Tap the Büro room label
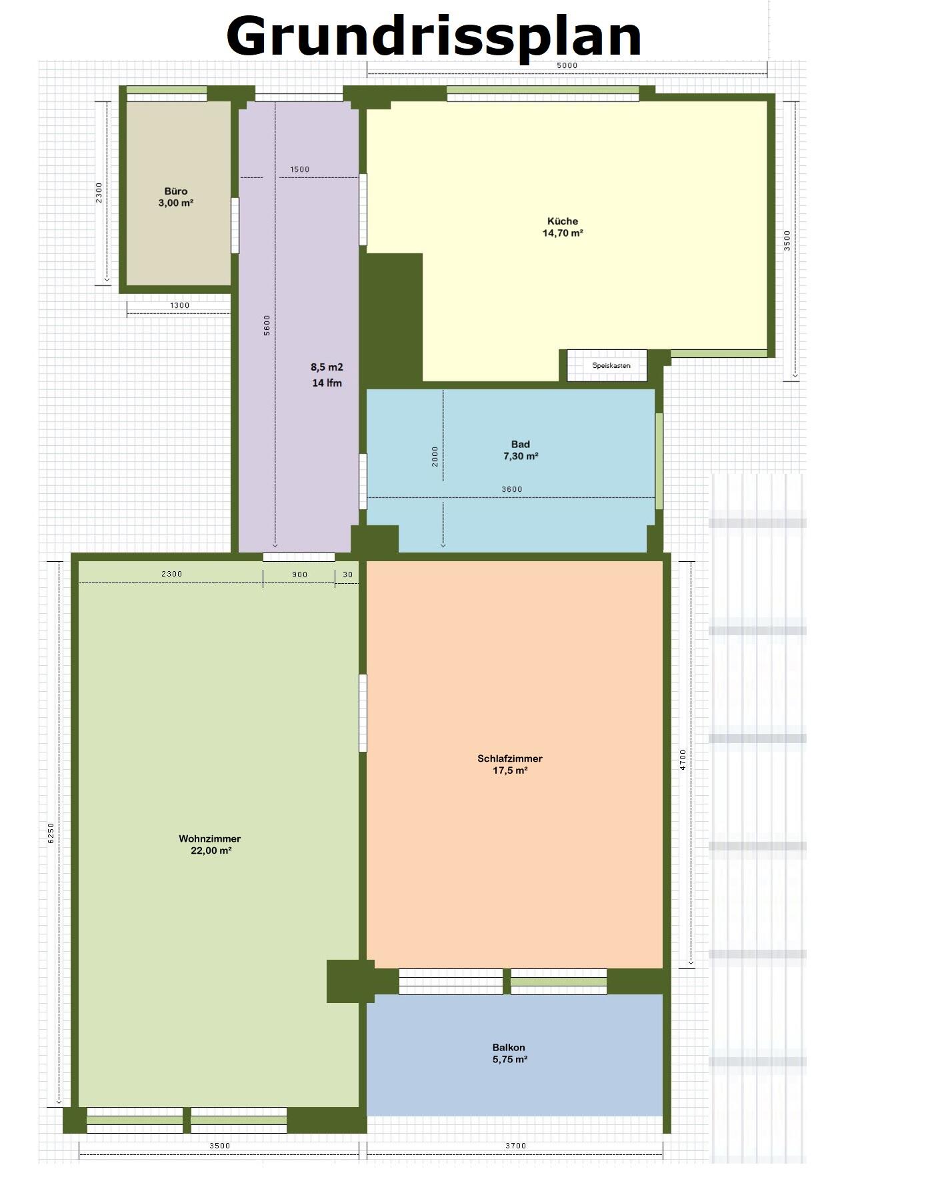176,197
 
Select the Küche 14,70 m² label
563,227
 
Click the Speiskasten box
607,365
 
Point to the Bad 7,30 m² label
521,450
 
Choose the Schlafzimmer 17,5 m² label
510,764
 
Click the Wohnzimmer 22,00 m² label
210,844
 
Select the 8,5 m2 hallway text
327,367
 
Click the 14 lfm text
327,383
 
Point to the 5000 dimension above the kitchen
567,65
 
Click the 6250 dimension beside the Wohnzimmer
51,833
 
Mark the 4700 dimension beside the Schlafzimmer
683,760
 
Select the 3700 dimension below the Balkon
515,1146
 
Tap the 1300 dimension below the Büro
179,305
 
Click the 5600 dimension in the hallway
267,325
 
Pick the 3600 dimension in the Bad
512,489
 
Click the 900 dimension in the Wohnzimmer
300,575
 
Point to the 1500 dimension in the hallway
300,169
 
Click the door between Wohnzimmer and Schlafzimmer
363,713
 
